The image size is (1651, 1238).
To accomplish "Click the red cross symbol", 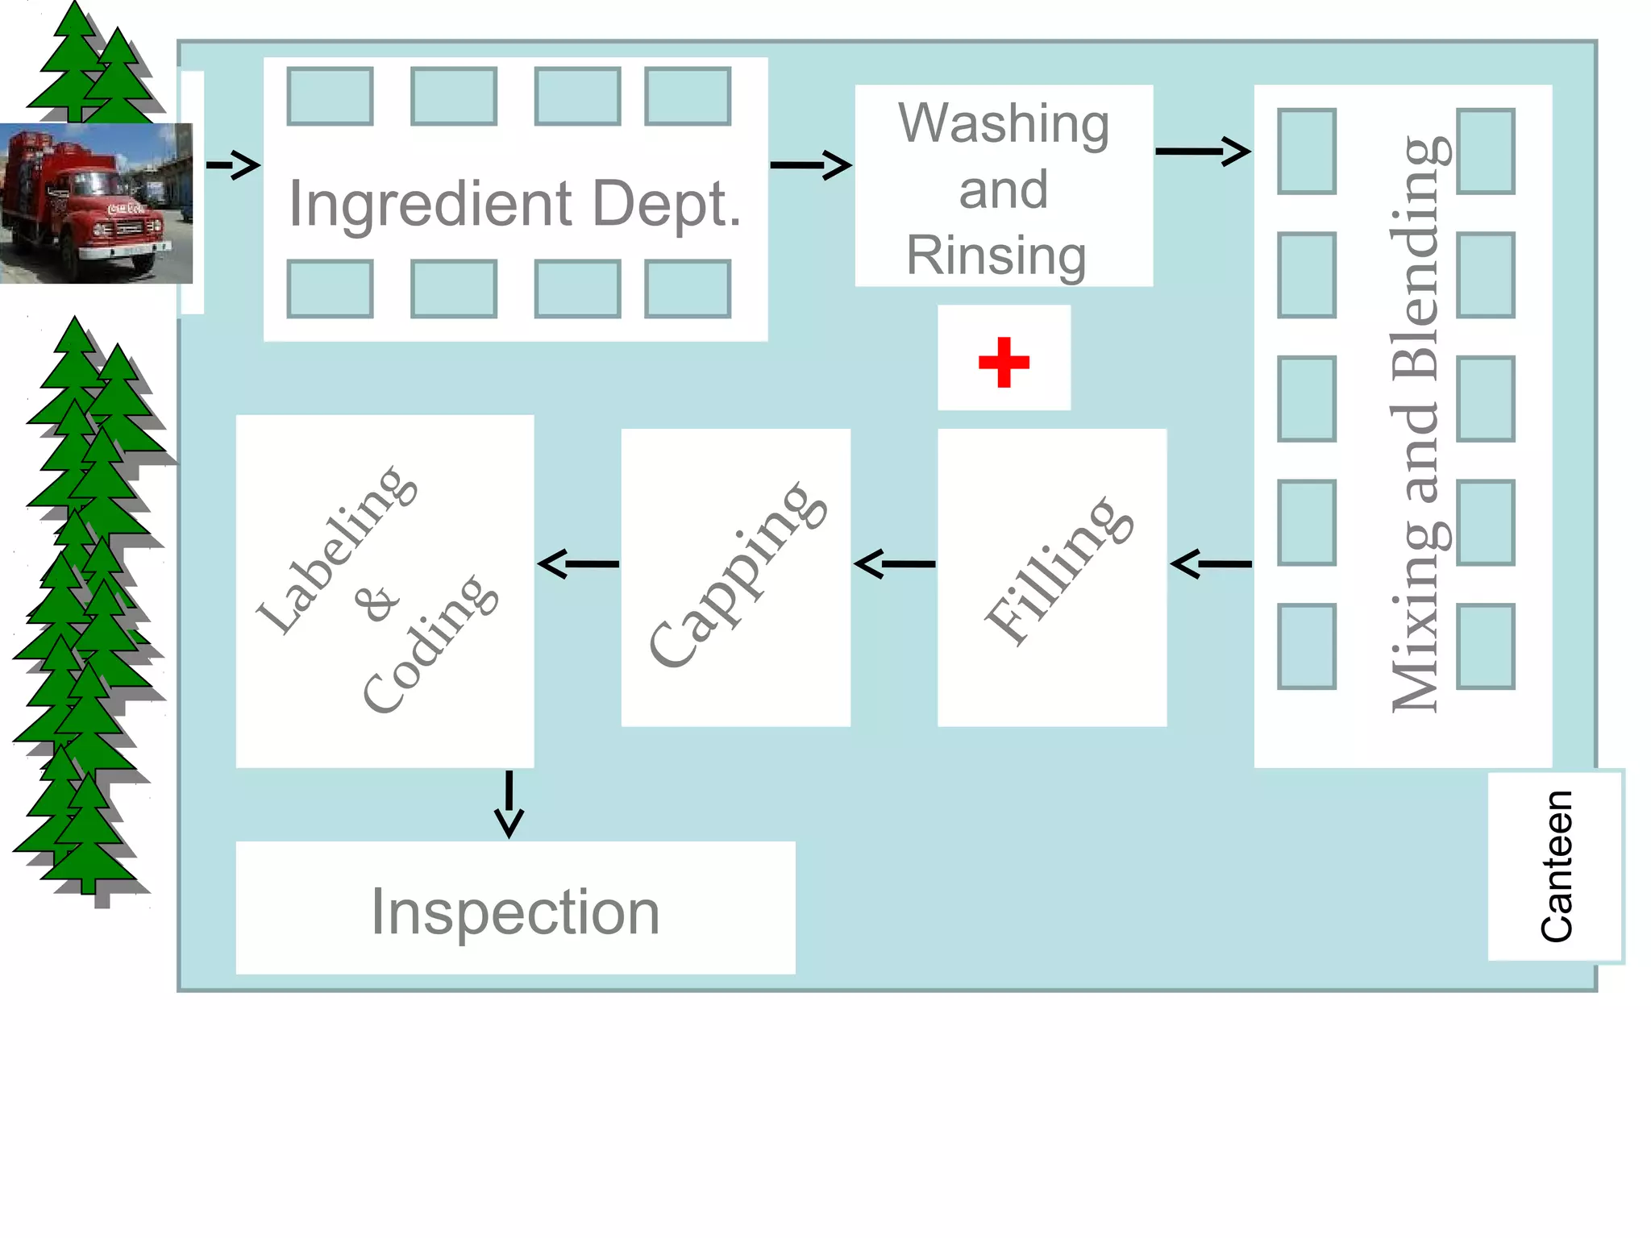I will click(x=1004, y=362).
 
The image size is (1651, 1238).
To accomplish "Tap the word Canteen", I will click(x=1556, y=866).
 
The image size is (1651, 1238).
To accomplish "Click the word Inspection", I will click(x=515, y=912).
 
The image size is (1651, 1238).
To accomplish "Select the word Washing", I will click(x=1004, y=123).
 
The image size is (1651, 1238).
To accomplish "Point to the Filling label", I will click(x=1058, y=571).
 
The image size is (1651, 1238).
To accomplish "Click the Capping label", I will click(x=737, y=574).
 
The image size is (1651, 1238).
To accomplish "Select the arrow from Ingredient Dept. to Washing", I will click(x=810, y=165).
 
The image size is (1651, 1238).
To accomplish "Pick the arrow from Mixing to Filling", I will click(x=1210, y=564).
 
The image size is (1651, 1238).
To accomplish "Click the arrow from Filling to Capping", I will click(x=894, y=564).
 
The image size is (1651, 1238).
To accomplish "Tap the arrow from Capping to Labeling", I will click(x=578, y=564).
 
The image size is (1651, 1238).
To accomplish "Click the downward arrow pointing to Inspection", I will click(x=509, y=804).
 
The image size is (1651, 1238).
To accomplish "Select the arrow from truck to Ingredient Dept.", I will click(x=234, y=165).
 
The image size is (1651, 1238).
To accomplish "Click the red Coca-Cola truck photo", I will click(x=95, y=203).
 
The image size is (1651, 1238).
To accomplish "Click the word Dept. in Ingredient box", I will click(x=667, y=203).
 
